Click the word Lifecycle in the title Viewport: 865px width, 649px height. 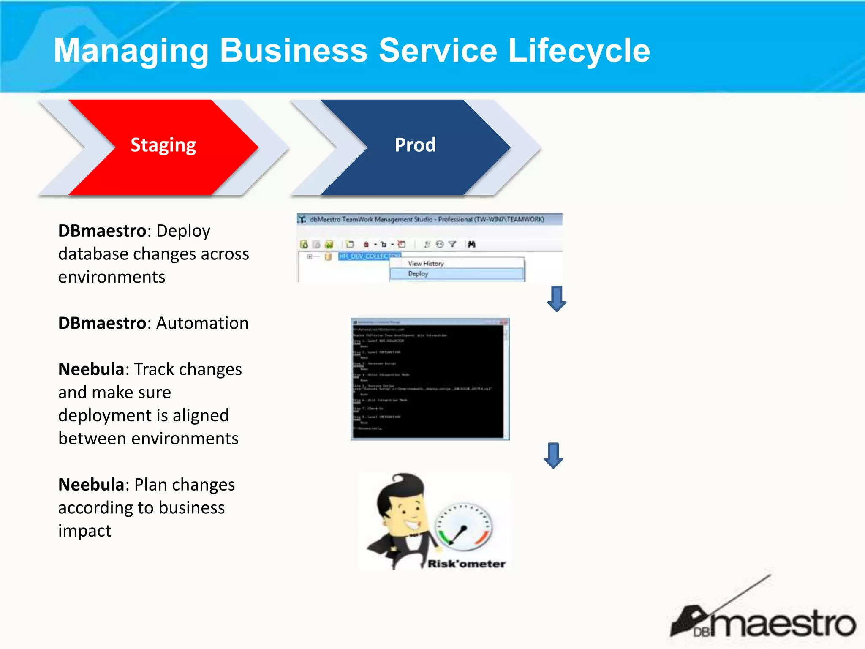(579, 51)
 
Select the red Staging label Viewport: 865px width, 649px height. (163, 145)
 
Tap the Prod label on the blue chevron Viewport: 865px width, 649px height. (415, 145)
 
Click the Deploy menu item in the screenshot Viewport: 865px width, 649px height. (418, 274)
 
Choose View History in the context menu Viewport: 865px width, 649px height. (426, 264)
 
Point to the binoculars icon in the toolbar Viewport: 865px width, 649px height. (471, 244)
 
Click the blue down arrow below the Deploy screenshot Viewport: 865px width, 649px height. (557, 299)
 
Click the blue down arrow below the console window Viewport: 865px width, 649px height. (553, 455)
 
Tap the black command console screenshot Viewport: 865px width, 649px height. (430, 379)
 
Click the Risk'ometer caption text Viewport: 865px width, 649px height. (466, 564)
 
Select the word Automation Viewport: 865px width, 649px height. (202, 323)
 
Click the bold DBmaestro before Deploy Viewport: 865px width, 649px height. (102, 231)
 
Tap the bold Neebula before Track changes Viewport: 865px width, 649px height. (91, 369)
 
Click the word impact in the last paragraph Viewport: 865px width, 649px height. (84, 531)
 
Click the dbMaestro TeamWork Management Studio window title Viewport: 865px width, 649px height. (427, 219)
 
